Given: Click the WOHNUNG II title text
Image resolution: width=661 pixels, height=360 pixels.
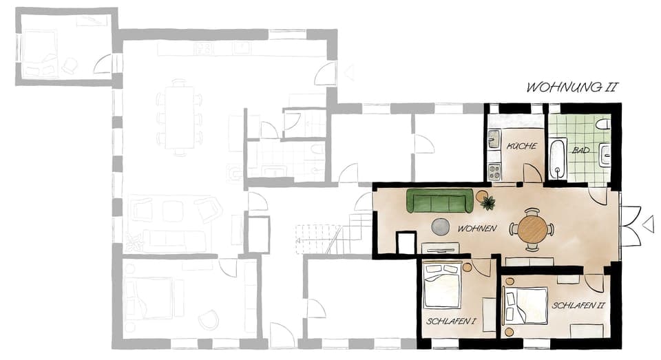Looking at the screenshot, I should pos(571,87).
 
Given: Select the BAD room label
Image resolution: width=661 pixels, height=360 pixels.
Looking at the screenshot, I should pos(580,149).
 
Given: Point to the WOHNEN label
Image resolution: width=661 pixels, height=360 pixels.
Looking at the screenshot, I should pos(476,228).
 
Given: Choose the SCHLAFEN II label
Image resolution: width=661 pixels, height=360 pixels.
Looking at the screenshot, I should pos(578,304).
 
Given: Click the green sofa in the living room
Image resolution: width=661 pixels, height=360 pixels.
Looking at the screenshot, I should pos(440,201).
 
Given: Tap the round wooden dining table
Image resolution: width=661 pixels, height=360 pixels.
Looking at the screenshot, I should pos(532,229).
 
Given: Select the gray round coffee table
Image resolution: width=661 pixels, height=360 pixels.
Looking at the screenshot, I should pos(441,226).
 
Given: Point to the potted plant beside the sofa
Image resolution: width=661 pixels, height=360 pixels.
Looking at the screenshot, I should pos(488,202).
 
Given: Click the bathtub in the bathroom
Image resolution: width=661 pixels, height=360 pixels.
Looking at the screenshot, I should pos(557,158).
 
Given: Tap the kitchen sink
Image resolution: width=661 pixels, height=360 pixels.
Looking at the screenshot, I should pos(493,140).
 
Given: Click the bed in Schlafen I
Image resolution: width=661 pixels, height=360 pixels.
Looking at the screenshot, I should pos(442,286).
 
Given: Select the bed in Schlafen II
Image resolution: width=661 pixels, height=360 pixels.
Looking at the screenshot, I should pos(523,306).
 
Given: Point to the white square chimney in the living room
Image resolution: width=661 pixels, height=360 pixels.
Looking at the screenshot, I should pos(406,243).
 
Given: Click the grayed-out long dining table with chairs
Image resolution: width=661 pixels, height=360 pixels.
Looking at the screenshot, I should pos(179,117).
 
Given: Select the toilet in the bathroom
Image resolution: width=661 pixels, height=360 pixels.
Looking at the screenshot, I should pos(602,125).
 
